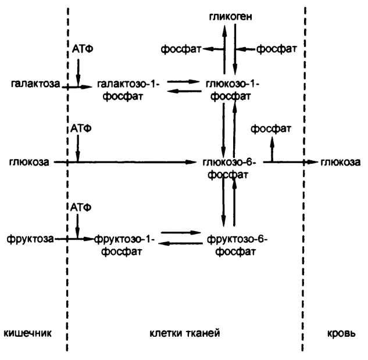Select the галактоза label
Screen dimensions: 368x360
click(34, 85)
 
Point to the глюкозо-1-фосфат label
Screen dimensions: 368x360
click(231, 89)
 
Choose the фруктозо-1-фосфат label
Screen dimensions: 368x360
click(123, 244)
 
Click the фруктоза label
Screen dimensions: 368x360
click(27, 238)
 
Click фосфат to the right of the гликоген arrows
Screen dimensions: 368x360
click(277, 50)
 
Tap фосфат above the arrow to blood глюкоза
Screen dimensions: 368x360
click(271, 128)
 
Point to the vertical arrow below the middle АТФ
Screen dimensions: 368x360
click(78, 149)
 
